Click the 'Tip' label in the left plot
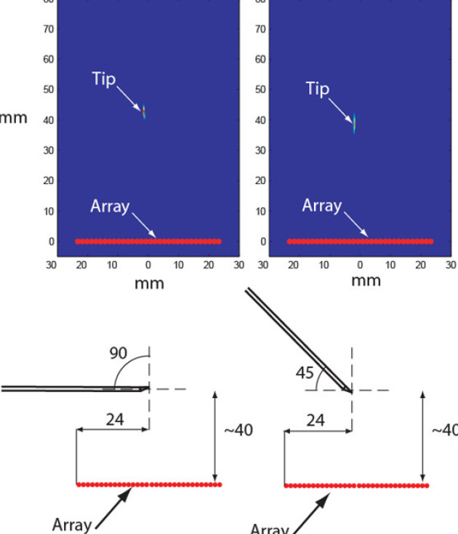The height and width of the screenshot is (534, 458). coord(104,79)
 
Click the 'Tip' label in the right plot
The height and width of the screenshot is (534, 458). coord(318,89)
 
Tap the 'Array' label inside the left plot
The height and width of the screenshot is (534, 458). coord(110,207)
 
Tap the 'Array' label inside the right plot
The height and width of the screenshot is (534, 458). coord(322,207)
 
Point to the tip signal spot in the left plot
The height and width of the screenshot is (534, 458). coord(144,111)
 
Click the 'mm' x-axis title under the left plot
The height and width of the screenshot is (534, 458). coord(149,283)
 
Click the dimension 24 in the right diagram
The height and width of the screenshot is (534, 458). coord(316,420)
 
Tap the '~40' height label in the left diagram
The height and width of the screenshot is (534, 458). coord(238,430)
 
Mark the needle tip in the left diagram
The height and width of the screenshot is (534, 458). coord(148,388)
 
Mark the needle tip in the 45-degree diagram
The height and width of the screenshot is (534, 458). coord(350,391)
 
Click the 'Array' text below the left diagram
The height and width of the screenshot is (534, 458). coord(72,524)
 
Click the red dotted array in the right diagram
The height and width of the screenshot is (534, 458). coord(356,485)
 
